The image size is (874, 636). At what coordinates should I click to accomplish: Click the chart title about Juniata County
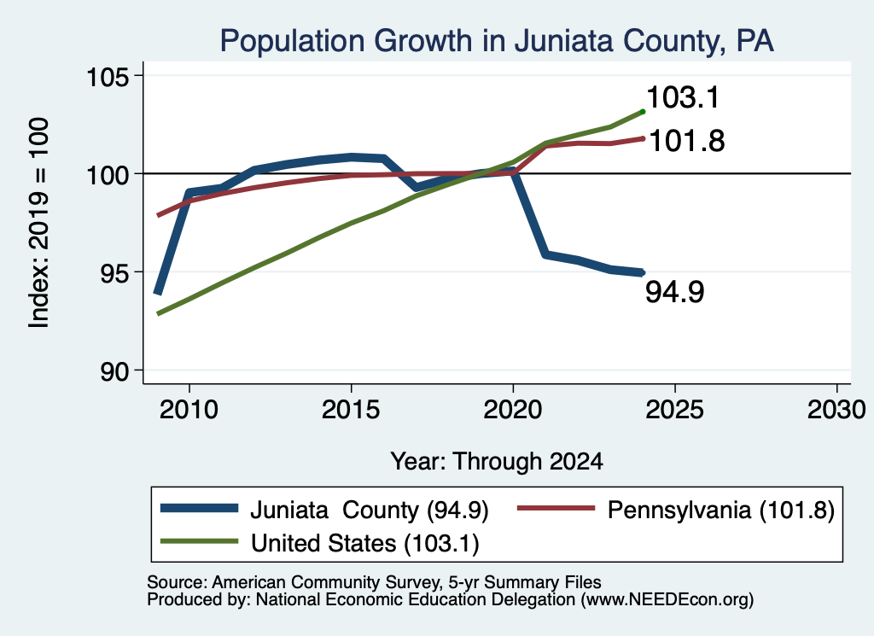[497, 41]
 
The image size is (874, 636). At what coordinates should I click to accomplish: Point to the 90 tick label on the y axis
[115, 371]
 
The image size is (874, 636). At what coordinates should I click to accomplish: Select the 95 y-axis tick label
[115, 273]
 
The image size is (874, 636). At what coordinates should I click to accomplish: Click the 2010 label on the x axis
[189, 410]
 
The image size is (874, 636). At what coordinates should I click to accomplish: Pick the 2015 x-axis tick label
[351, 410]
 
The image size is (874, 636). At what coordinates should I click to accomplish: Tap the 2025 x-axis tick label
[674, 410]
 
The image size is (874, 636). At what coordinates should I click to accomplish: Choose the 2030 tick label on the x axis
[836, 410]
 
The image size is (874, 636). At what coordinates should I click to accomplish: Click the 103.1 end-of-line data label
[684, 97]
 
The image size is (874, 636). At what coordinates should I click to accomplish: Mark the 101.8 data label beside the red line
[687, 141]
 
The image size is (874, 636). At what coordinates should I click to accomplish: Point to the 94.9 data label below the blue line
[675, 291]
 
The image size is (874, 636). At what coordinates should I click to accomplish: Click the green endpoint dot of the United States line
[643, 112]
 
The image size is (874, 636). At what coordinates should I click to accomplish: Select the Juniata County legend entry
[324, 510]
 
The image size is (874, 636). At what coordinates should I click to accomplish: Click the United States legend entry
[319, 543]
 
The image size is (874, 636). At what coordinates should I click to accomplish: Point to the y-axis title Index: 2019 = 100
[38, 223]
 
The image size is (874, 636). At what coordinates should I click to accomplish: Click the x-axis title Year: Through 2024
[497, 462]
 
